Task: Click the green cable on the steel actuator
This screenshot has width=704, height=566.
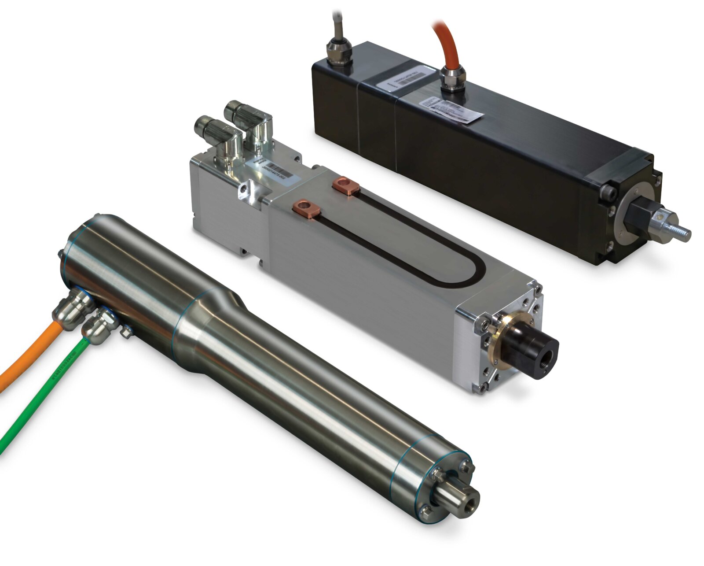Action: [x=40, y=396]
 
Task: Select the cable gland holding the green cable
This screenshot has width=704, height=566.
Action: [x=99, y=322]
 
